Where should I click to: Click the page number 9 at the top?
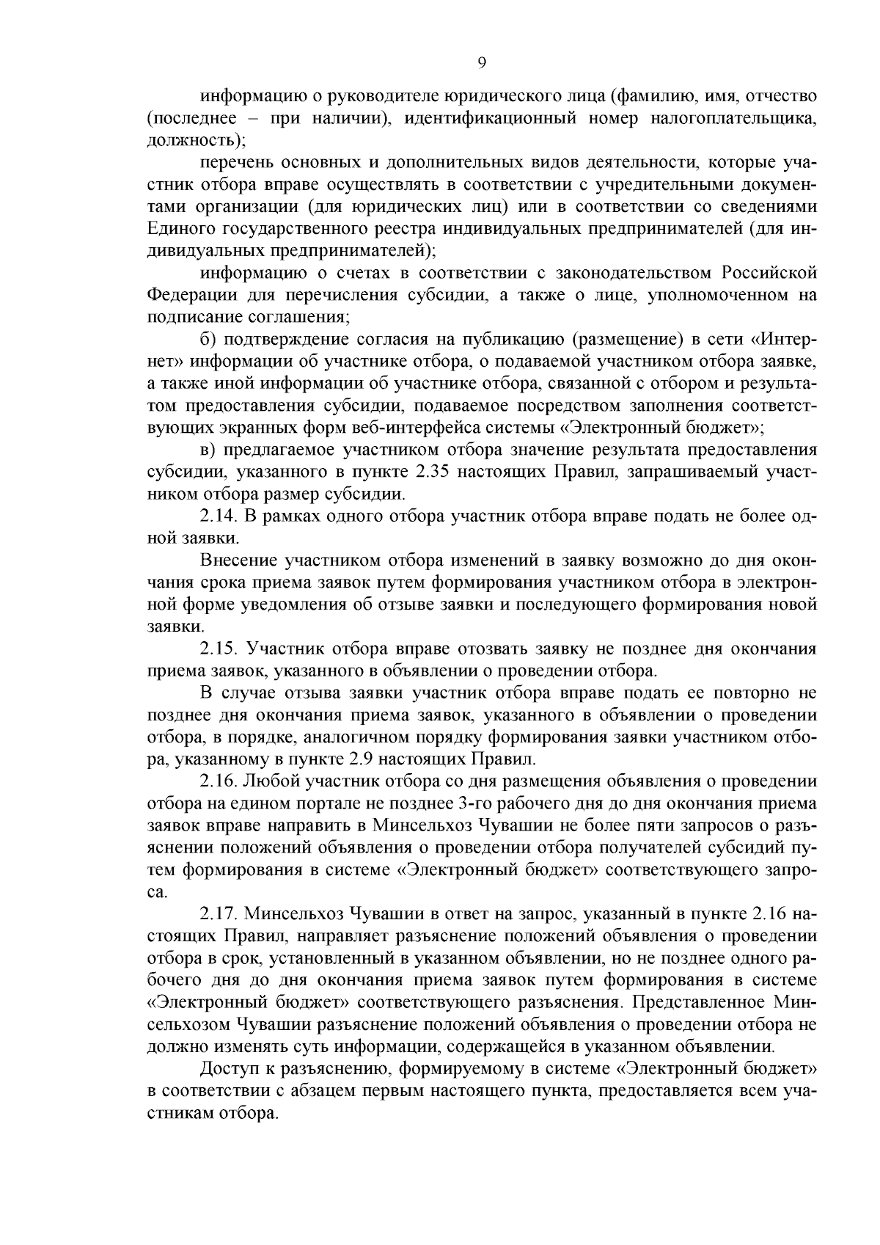pos(481,63)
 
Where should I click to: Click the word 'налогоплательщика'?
pos(733,118)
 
